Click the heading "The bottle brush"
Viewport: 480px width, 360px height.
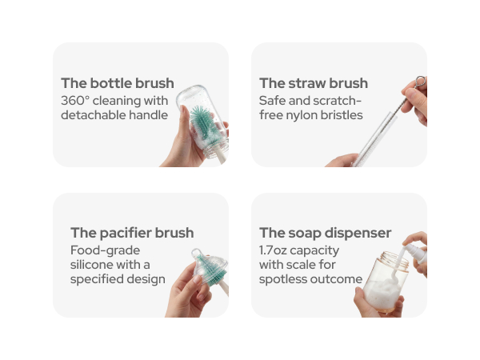click(118, 83)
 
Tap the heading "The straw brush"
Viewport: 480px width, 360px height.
click(314, 83)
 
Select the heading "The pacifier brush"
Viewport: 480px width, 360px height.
click(132, 233)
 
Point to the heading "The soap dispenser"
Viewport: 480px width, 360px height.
click(325, 233)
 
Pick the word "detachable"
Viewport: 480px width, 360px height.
click(93, 115)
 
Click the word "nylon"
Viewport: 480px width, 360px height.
click(302, 116)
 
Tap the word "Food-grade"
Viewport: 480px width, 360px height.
click(105, 250)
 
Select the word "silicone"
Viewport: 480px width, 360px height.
click(89, 265)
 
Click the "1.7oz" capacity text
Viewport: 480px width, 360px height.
click(273, 250)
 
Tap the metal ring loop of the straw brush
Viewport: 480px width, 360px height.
click(420, 82)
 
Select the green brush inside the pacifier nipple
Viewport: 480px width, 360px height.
click(211, 270)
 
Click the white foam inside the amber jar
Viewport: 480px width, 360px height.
click(382, 294)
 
